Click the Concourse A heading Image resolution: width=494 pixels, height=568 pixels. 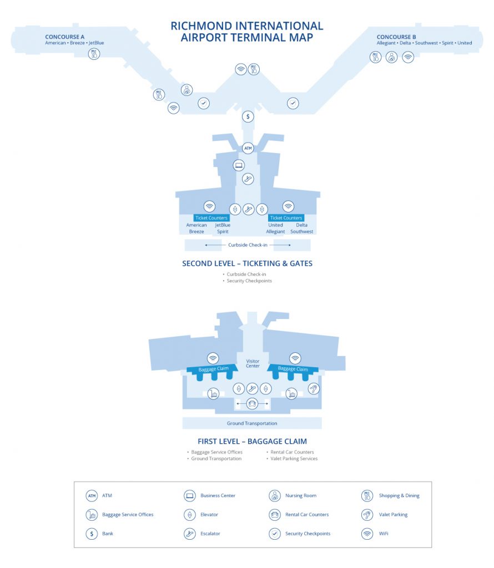click(x=64, y=37)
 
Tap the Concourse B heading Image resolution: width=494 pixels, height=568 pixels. click(x=396, y=37)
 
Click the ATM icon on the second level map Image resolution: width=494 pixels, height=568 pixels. click(x=248, y=148)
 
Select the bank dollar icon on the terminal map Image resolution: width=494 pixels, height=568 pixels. click(x=248, y=116)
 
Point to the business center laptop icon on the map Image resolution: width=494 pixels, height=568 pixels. click(x=239, y=165)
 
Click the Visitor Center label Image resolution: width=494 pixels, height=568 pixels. click(x=253, y=363)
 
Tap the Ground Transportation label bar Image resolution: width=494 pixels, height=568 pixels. click(x=252, y=423)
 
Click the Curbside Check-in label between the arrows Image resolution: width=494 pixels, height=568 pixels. click(x=248, y=245)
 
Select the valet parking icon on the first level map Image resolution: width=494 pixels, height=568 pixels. click(x=314, y=389)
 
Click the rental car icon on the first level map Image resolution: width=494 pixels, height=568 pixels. click(x=252, y=403)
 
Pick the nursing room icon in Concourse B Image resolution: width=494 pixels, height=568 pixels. click(x=391, y=57)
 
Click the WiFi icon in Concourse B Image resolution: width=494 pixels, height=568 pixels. click(x=408, y=57)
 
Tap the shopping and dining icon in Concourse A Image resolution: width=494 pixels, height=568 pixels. click(x=94, y=54)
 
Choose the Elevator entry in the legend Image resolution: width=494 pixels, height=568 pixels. click(x=201, y=514)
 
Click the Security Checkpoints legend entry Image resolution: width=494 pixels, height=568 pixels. click(x=300, y=534)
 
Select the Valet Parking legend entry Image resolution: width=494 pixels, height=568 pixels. click(x=385, y=514)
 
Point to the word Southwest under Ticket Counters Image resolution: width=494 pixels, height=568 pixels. click(x=301, y=231)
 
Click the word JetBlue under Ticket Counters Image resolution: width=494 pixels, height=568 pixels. click(x=223, y=225)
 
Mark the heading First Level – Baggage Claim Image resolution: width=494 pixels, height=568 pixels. click(x=252, y=441)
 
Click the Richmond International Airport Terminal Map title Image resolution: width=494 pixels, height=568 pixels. click(x=247, y=32)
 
